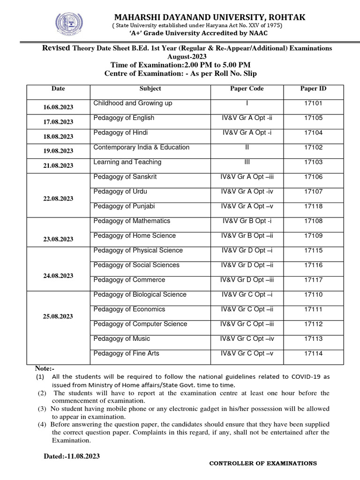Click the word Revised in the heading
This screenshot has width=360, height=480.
click(x=56, y=48)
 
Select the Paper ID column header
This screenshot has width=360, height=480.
click(x=313, y=89)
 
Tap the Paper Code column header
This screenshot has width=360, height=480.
click(x=247, y=89)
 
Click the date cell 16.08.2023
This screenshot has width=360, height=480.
click(x=58, y=107)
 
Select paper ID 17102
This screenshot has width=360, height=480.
click(x=313, y=147)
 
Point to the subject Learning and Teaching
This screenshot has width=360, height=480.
click(x=127, y=162)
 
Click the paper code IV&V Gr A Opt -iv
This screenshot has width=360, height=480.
click(x=247, y=192)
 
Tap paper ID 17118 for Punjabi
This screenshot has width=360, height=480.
click(x=313, y=206)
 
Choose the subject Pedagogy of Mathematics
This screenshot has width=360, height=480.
click(x=132, y=221)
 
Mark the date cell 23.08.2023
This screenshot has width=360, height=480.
click(x=58, y=239)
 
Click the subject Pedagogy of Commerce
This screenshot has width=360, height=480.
click(x=129, y=280)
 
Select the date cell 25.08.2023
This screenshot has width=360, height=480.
click(x=58, y=316)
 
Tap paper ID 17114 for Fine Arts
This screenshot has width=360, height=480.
click(x=313, y=353)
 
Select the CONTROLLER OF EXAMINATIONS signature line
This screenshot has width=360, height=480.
click(x=262, y=464)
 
